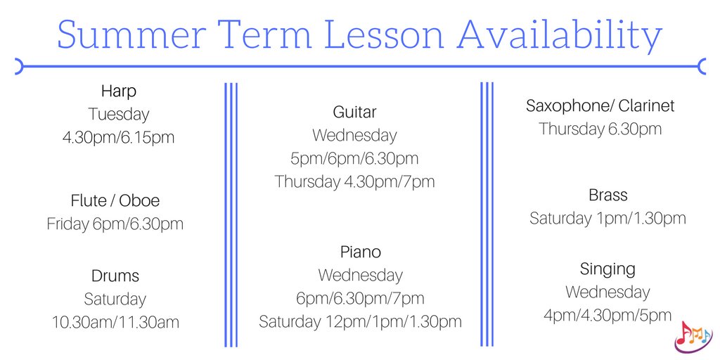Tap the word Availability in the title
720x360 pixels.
coord(562,34)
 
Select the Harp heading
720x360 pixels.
coord(118,91)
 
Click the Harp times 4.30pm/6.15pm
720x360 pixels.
coord(118,137)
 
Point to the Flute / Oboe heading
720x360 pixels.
coord(115,200)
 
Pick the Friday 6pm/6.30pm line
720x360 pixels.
coord(115,224)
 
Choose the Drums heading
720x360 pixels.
coord(115,276)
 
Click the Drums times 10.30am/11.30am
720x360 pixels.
coord(115,322)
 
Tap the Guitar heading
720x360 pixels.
coord(354,112)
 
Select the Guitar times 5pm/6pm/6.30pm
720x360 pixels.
coord(354,158)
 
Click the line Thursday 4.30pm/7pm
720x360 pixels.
coord(354,181)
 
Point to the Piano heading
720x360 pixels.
coord(360,252)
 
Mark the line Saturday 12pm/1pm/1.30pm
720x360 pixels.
coord(360,321)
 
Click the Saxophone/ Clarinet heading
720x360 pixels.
coord(600,106)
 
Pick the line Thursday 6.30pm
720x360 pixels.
coord(600,129)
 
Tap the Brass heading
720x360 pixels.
coord(608,195)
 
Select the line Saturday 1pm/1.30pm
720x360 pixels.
coord(607,218)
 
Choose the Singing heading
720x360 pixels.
coord(607,269)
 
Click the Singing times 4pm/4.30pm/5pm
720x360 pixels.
coord(607,315)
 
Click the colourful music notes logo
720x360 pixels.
coord(693,336)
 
